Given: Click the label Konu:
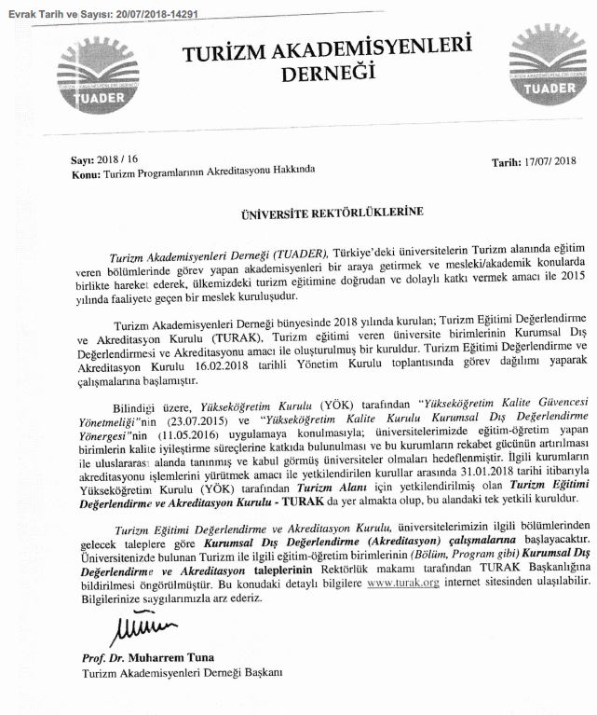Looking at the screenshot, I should [x=85, y=172].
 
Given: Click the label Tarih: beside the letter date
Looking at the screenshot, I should [x=508, y=162].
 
